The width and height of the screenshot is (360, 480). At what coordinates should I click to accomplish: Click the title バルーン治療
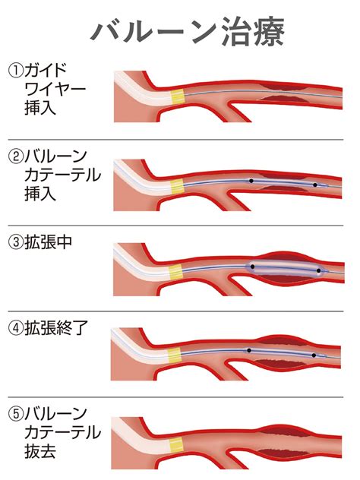pyautogui.click(x=188, y=32)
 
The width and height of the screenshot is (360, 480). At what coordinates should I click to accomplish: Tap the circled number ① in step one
pyautogui.click(x=16, y=71)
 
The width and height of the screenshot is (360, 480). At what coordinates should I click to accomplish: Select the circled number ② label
pyautogui.click(x=16, y=157)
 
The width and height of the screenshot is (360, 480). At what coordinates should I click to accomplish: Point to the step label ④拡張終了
pyautogui.click(x=49, y=328)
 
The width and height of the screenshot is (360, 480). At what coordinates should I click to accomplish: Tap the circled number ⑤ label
pyautogui.click(x=16, y=414)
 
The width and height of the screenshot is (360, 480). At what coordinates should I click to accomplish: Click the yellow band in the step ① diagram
pyautogui.click(x=178, y=96)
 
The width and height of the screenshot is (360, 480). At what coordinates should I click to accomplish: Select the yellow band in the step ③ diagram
pyautogui.click(x=176, y=271)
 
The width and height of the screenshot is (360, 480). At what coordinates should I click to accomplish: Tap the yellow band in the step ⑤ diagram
pyautogui.click(x=176, y=445)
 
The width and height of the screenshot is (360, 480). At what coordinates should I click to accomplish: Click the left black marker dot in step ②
pyautogui.click(x=251, y=181)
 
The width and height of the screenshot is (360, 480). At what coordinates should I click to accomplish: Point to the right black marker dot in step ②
pyautogui.click(x=315, y=185)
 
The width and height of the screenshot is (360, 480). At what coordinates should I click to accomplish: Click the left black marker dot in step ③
pyautogui.click(x=253, y=267)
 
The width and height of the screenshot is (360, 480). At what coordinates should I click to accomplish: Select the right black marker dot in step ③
pyautogui.click(x=319, y=271)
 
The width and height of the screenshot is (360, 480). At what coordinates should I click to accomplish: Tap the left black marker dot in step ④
pyautogui.click(x=249, y=351)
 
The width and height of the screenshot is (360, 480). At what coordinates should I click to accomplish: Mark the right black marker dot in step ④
pyautogui.click(x=314, y=355)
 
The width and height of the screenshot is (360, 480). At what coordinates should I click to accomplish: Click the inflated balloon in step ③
pyautogui.click(x=286, y=268)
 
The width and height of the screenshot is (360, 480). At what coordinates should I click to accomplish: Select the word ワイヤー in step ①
pyautogui.click(x=55, y=90)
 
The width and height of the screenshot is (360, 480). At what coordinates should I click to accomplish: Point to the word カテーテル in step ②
pyautogui.click(x=63, y=175)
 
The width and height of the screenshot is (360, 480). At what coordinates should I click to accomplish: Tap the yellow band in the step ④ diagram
pyautogui.click(x=175, y=355)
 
